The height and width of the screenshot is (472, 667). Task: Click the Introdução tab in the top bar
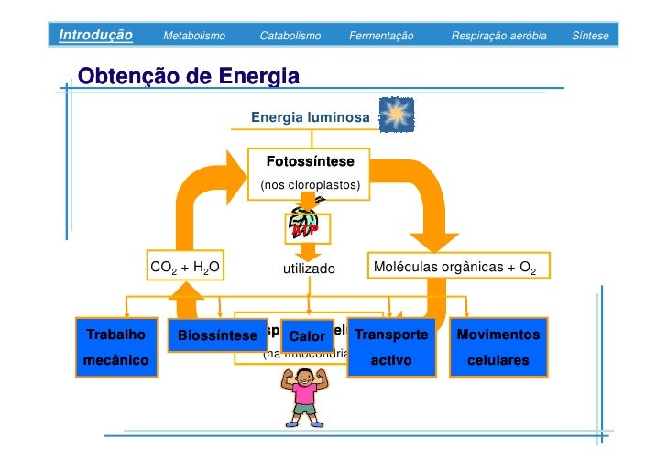(95, 36)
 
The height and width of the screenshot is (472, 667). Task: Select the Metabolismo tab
(193, 36)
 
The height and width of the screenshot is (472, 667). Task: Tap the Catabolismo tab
(290, 36)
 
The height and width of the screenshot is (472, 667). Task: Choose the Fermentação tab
(381, 36)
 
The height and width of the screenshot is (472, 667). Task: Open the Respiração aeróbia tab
(498, 36)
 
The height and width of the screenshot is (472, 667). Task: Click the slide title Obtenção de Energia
(189, 75)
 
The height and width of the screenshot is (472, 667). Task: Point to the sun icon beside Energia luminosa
(397, 114)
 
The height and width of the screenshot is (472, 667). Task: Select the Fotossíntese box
(310, 172)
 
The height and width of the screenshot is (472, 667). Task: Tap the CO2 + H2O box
(185, 269)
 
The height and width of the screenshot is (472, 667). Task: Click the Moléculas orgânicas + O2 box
(458, 269)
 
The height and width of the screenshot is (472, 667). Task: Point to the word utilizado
(309, 269)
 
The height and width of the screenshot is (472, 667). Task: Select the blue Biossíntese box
(217, 336)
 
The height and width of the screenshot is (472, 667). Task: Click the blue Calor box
(307, 337)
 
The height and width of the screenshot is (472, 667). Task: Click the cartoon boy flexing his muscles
(304, 397)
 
